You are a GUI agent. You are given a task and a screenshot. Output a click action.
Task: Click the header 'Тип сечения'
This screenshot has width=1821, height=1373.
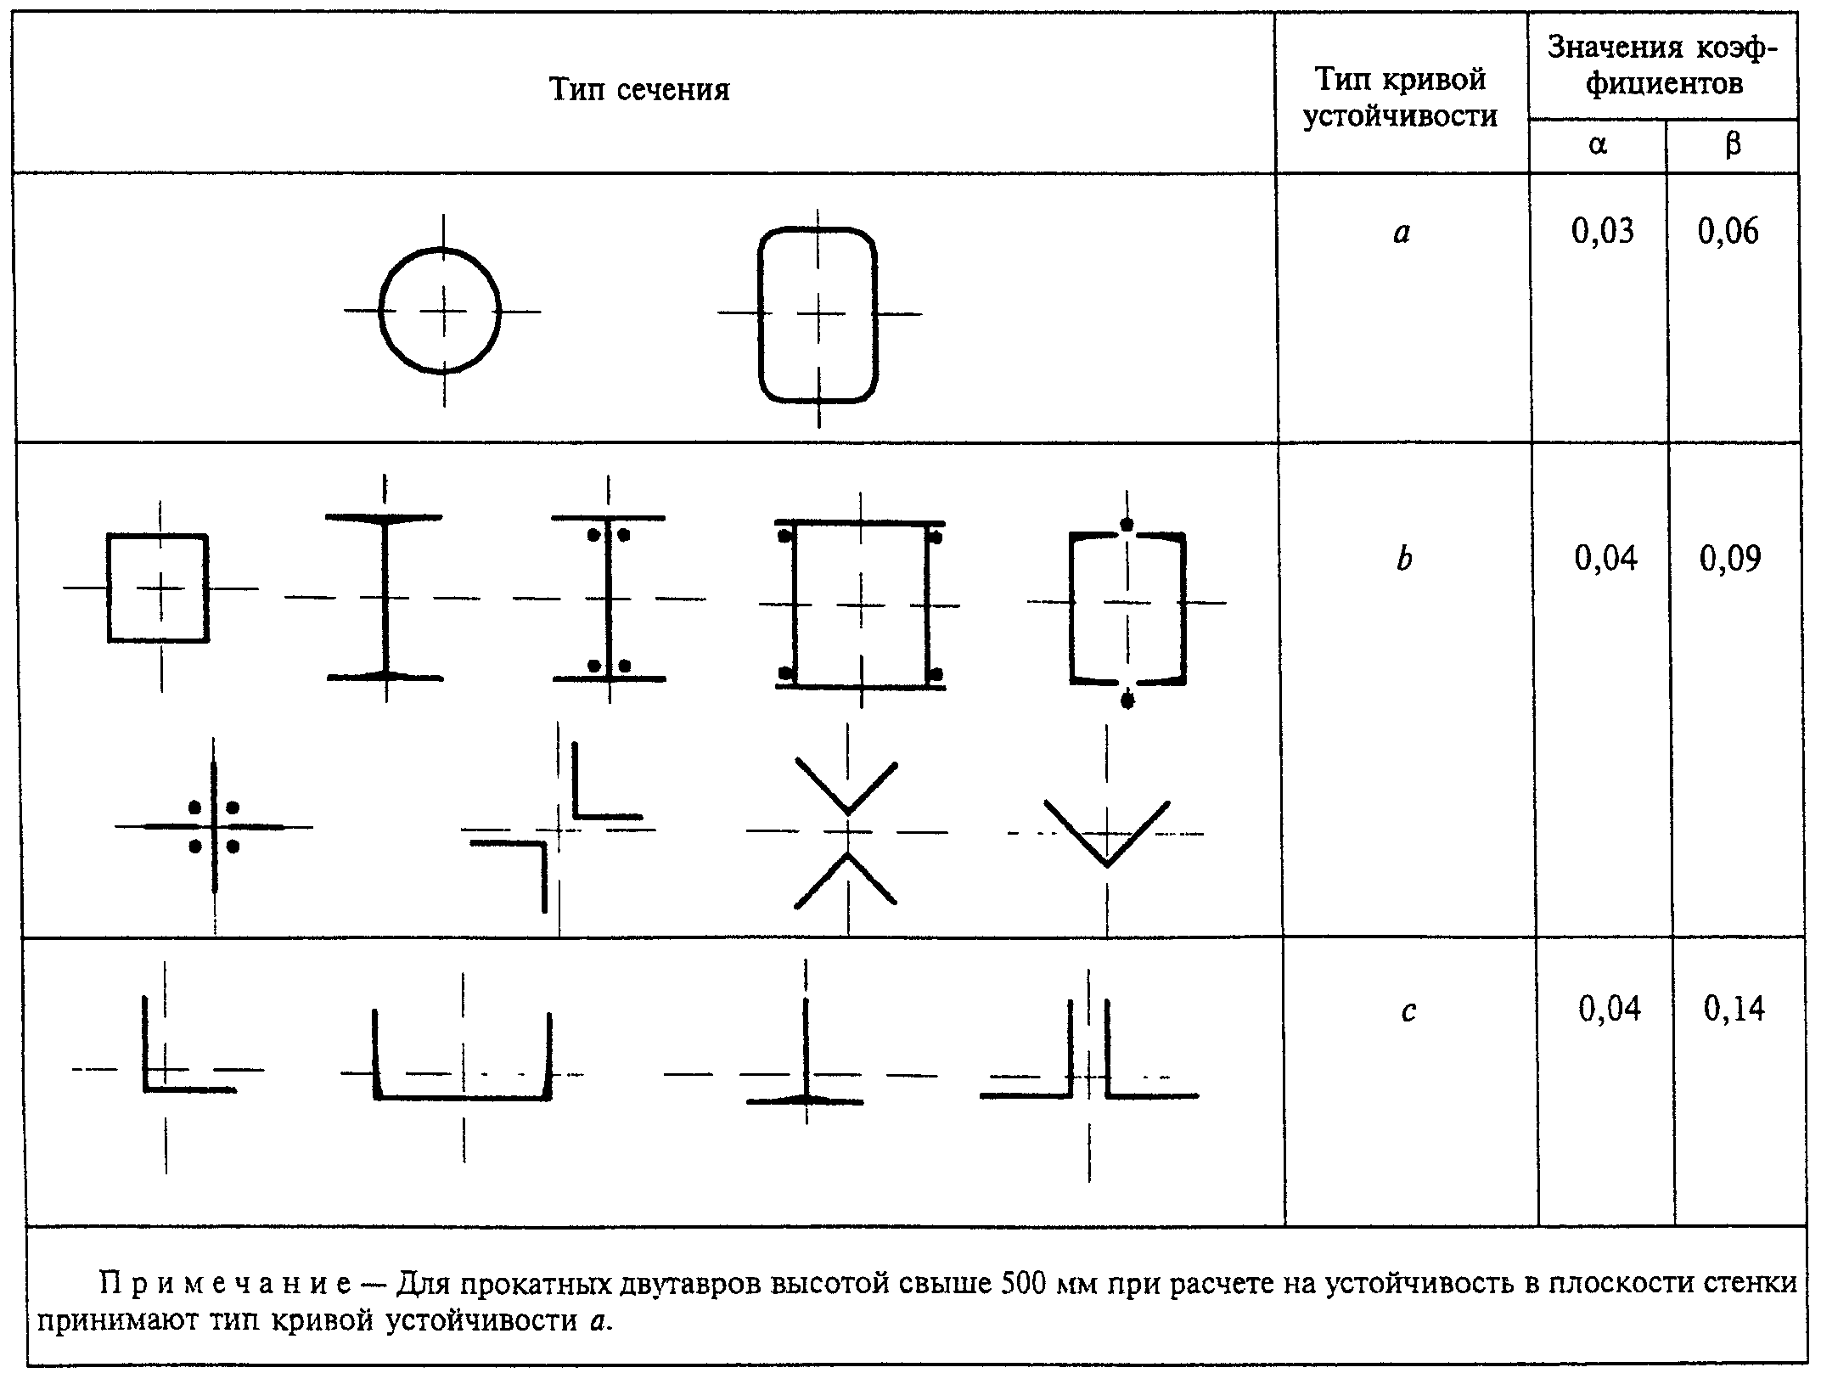pyautogui.click(x=639, y=89)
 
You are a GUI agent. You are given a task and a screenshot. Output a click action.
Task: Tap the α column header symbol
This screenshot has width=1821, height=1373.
pyautogui.click(x=1597, y=145)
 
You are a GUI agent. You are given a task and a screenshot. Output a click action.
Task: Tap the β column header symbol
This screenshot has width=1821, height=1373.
pyautogui.click(x=1733, y=145)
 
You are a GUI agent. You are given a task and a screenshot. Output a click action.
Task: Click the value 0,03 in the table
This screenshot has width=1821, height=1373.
pyautogui.click(x=1603, y=231)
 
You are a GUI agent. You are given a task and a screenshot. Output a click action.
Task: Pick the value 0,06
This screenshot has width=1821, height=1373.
pyautogui.click(x=1728, y=231)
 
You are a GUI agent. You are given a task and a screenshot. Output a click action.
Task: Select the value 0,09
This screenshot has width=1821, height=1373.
pyautogui.click(x=1730, y=558)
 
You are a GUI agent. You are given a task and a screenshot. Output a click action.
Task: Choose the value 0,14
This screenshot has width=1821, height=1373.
pyautogui.click(x=1734, y=1009)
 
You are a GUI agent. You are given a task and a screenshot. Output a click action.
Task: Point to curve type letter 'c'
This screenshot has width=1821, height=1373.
pyautogui.click(x=1408, y=1011)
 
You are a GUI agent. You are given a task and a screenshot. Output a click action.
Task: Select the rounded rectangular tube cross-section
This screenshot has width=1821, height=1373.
pyautogui.click(x=760, y=314)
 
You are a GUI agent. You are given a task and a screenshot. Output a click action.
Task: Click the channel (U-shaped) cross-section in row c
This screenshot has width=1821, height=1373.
pyautogui.click(x=463, y=1099)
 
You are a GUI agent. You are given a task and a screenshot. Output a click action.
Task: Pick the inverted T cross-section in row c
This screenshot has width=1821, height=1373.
pyautogui.click(x=805, y=1053)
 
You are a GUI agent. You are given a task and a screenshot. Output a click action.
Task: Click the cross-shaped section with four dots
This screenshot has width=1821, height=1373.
pyautogui.click(x=214, y=826)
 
